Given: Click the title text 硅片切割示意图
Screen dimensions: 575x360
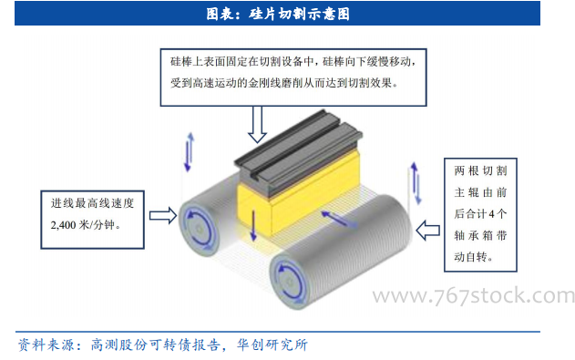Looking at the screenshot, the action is (x=299, y=14).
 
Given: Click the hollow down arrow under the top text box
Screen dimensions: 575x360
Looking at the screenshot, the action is (x=258, y=124).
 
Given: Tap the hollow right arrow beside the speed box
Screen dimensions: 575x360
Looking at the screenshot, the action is (x=163, y=215).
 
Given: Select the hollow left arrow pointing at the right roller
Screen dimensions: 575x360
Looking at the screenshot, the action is (x=428, y=231).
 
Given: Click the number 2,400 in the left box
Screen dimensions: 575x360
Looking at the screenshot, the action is (x=63, y=225).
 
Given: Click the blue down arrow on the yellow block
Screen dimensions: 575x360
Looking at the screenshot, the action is (x=253, y=225).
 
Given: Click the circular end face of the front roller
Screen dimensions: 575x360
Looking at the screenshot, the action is (x=290, y=282).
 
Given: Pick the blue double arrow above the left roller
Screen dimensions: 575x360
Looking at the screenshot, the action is (x=190, y=152).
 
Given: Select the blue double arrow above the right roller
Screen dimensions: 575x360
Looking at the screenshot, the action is (x=416, y=183).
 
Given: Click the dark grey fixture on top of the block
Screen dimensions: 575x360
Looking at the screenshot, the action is (x=299, y=153).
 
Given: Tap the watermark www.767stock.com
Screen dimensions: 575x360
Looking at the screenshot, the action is (x=474, y=296).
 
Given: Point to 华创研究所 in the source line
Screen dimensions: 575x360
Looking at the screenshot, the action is (x=272, y=345).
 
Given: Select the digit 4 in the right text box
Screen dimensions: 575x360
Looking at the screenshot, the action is (x=492, y=214).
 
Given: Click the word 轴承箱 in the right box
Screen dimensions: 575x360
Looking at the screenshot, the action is (x=474, y=235).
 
